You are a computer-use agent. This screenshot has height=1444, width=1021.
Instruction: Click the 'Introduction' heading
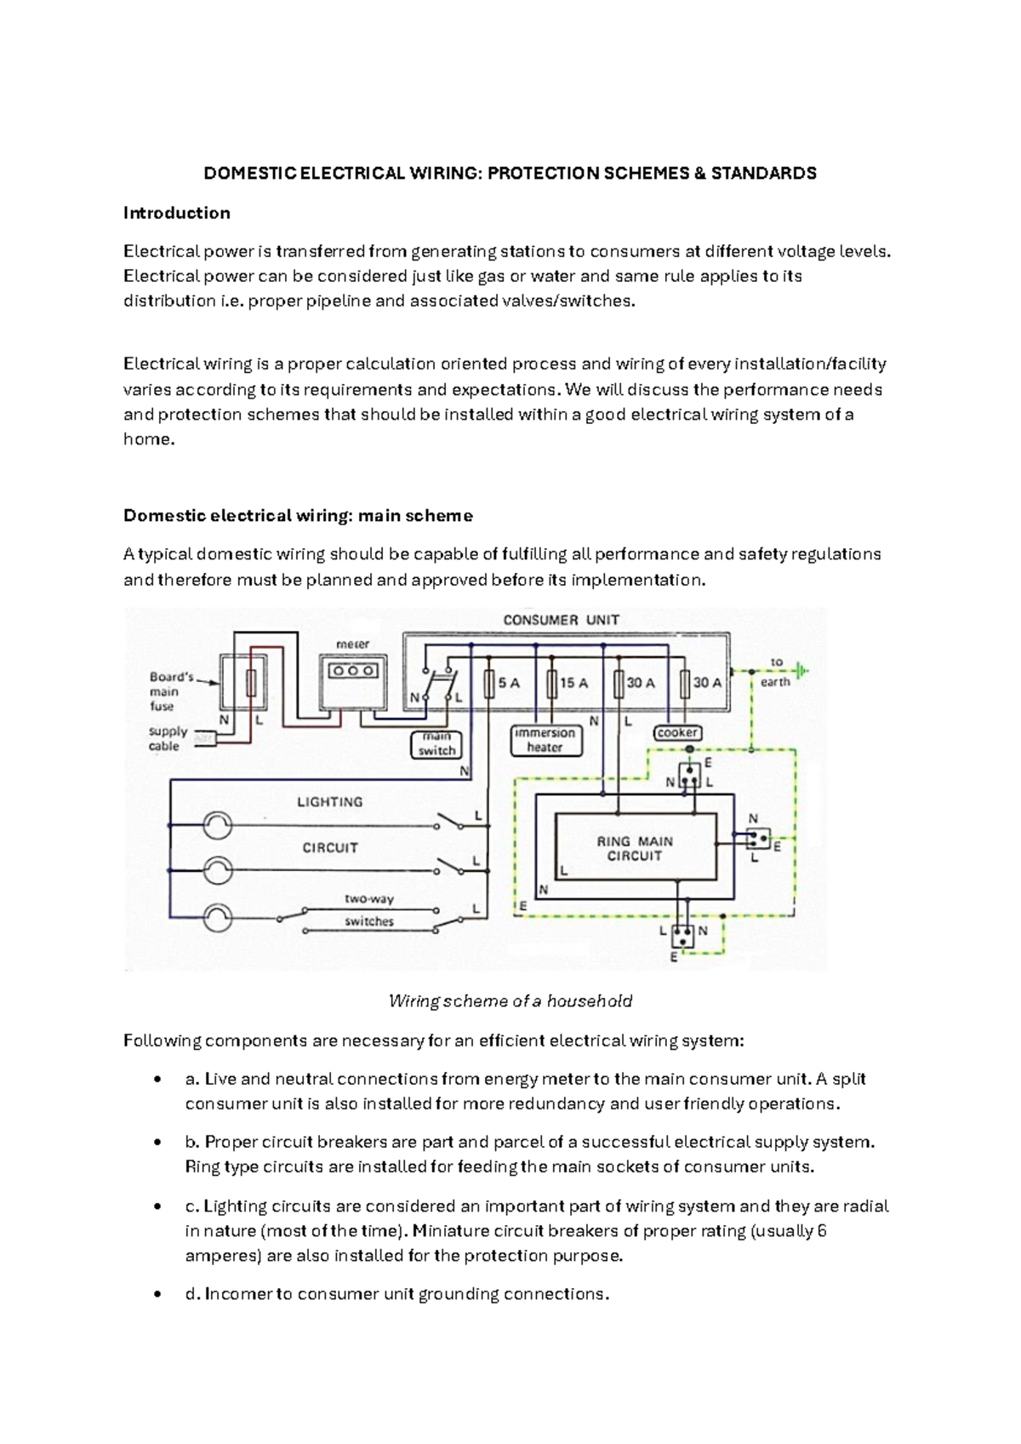(x=176, y=213)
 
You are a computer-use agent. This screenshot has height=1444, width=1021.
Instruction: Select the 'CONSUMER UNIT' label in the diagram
(x=561, y=620)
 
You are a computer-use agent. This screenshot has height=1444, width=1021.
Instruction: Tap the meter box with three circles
(x=352, y=670)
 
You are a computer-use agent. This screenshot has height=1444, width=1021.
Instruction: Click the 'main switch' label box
(x=436, y=743)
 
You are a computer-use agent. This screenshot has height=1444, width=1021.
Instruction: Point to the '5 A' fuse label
(x=509, y=683)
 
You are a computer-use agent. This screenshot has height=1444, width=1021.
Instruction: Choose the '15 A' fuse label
(x=573, y=683)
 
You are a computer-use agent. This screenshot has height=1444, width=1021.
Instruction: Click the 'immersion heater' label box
(x=545, y=740)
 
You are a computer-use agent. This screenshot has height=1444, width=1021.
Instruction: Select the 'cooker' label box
(x=677, y=732)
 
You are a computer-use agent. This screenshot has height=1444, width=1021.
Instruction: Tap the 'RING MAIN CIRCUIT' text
(x=635, y=848)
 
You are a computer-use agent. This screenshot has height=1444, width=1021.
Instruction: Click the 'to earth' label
(x=775, y=672)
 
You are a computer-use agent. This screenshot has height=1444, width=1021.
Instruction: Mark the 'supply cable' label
(x=167, y=738)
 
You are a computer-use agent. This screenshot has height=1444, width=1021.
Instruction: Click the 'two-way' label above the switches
(x=368, y=898)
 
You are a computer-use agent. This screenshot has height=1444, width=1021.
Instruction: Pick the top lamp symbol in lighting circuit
(x=218, y=825)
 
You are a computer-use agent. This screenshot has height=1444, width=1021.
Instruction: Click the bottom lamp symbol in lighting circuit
(x=218, y=917)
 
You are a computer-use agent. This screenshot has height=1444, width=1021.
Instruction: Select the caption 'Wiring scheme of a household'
(x=510, y=1001)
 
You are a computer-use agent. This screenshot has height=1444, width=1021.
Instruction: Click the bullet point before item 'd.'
(x=157, y=1294)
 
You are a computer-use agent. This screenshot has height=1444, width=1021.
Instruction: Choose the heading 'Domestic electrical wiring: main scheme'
(x=298, y=516)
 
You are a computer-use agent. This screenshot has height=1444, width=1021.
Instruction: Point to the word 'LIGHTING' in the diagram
(x=329, y=802)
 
